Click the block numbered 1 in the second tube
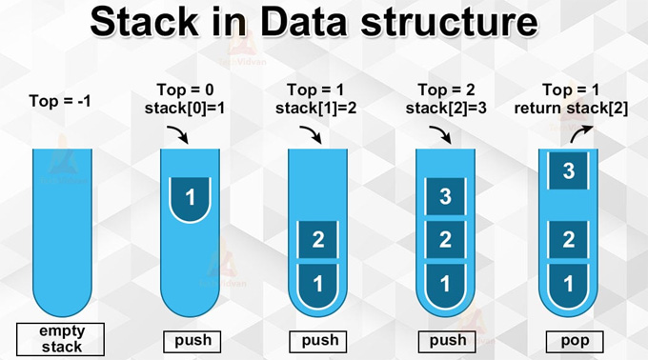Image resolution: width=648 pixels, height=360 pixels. [191, 198]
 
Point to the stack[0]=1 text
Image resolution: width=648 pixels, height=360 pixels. [191, 109]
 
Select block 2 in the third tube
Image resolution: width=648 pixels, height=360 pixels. [317, 238]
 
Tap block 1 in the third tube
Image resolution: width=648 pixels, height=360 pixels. [317, 283]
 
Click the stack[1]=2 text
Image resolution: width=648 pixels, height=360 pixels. [316, 109]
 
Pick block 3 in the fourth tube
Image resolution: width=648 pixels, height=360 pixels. [444, 197]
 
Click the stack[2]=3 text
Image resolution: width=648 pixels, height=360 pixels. [443, 109]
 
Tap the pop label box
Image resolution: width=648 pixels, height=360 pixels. [569, 340]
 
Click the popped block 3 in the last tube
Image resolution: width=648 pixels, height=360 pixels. [569, 171]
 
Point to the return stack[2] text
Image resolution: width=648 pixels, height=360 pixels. [569, 109]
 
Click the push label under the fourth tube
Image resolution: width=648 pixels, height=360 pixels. [443, 340]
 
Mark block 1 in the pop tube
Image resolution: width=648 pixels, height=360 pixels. [569, 283]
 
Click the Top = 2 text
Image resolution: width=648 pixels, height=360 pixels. [443, 91]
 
